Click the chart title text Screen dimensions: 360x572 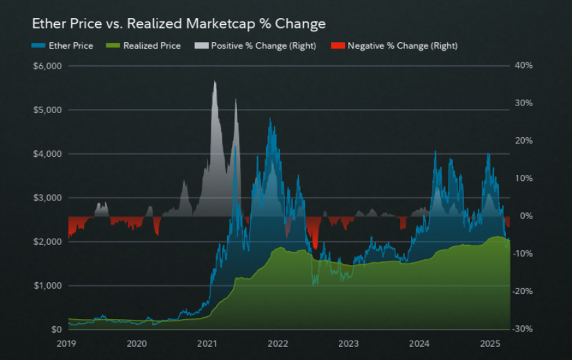(179, 24)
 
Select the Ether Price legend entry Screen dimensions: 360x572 (69, 46)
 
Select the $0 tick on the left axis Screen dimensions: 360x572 (56, 329)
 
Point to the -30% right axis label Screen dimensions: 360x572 (521, 329)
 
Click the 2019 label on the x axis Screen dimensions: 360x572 (67, 343)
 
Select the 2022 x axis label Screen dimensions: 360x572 (278, 343)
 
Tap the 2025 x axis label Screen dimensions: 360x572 (490, 343)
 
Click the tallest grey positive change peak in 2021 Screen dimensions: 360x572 (214, 83)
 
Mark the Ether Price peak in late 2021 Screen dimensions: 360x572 (270, 119)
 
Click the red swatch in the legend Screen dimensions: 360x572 (338, 46)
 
